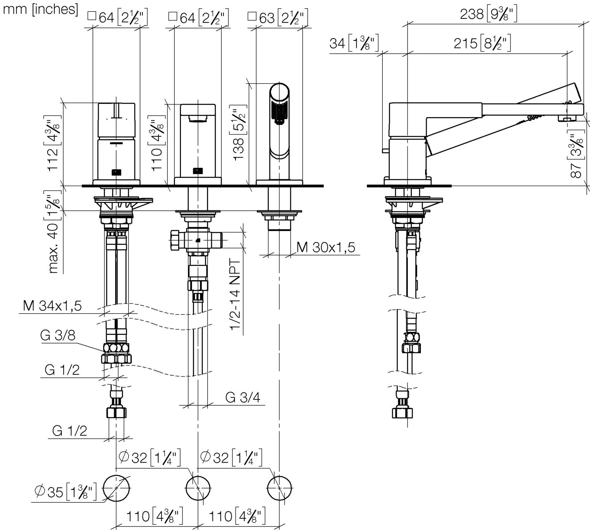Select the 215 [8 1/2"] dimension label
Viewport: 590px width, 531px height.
pyautogui.click(x=482, y=43)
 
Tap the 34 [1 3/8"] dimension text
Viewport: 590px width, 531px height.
pyautogui.click(x=354, y=43)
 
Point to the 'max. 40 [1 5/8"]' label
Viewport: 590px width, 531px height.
pyautogui.click(x=53, y=232)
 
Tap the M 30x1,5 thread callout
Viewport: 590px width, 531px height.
pyautogui.click(x=326, y=247)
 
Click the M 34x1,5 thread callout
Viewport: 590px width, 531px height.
pyautogui.click(x=52, y=306)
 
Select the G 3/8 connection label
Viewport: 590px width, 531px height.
pyautogui.click(x=57, y=335)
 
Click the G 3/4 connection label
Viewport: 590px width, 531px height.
pyautogui.click(x=243, y=397)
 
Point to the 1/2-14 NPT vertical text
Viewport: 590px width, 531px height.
pyautogui.click(x=235, y=295)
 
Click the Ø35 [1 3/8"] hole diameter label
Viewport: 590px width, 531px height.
pyautogui.click(x=65, y=492)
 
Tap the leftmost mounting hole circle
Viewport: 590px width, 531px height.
pyautogui.click(x=116, y=489)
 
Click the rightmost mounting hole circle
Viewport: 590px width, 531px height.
pyautogui.click(x=279, y=489)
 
